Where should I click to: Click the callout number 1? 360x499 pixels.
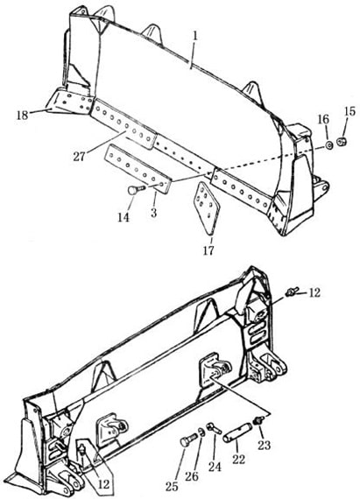pos(195,36)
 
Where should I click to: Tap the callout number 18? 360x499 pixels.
pos(22,115)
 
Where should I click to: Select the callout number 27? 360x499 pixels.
pos(79,156)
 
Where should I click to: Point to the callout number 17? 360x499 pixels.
pos(208,250)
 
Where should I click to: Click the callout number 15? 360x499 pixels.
pos(349,111)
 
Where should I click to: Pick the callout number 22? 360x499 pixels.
pos(238,460)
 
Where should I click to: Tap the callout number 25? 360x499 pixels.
pos(172,486)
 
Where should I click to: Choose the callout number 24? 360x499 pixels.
pos(215,467)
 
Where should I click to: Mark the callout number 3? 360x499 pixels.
pos(154,212)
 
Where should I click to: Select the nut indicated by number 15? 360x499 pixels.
pos(342,141)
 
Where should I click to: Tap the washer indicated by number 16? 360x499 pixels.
pos(328,145)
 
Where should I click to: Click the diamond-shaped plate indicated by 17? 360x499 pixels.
pos(206,208)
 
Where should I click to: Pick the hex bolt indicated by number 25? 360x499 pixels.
pos(187,439)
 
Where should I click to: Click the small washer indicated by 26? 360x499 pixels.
pos(201,432)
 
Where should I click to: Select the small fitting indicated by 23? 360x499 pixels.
pos(258,421)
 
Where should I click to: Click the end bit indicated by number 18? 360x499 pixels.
pos(68,101)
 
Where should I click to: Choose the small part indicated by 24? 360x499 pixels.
pos(214,428)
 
